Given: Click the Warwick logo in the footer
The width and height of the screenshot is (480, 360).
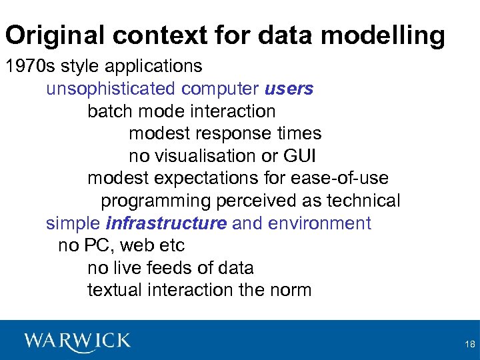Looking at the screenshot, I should (x=77, y=341).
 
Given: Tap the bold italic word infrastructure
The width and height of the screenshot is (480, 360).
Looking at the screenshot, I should (x=166, y=223).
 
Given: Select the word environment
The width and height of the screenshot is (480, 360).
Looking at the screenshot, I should (x=319, y=223).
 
